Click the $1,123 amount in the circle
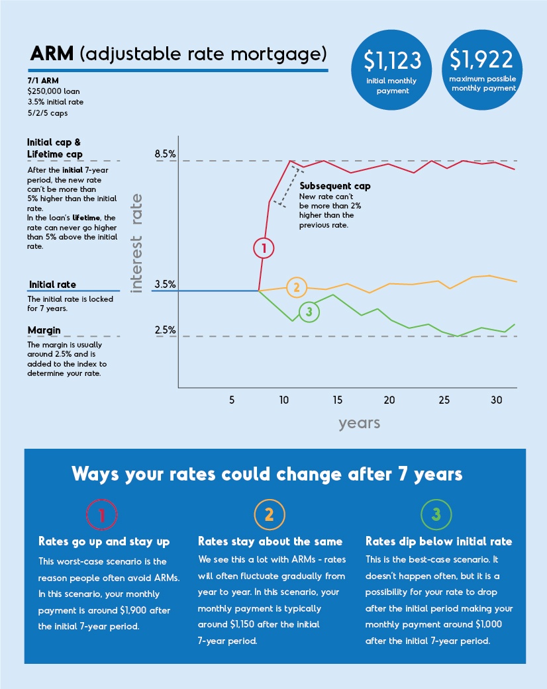[x=393, y=60]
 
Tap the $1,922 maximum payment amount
[x=481, y=59]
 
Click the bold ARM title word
[x=52, y=53]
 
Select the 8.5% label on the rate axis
[x=165, y=154]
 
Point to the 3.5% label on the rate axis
[x=165, y=285]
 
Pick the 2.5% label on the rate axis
[x=165, y=330]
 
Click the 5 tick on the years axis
[x=232, y=400]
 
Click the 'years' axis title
[x=359, y=423]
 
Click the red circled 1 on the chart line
[x=264, y=248]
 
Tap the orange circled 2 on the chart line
[x=297, y=287]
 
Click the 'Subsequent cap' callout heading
[x=335, y=186]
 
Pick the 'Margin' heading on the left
[x=44, y=330]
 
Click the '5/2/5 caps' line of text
[x=47, y=113]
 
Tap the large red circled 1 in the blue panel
[x=103, y=514]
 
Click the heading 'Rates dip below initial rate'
[x=438, y=541]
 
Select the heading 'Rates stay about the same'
[x=270, y=541]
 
